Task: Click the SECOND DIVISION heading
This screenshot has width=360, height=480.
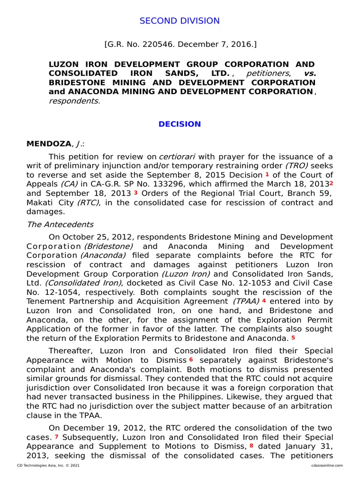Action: click(180, 21)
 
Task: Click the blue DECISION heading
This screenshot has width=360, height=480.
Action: click(180, 124)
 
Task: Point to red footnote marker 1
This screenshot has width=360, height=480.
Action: click(267, 174)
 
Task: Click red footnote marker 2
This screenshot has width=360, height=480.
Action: click(331, 183)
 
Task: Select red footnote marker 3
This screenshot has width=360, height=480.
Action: click(135, 192)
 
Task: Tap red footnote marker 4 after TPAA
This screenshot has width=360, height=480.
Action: click(264, 300)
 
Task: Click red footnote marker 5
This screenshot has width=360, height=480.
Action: click(293, 337)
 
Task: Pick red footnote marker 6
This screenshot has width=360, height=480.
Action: click(191, 360)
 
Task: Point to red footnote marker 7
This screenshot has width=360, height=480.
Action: click(56, 436)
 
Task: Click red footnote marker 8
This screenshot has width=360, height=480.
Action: click(251, 445)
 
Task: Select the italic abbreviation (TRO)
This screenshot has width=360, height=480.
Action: click(296, 165)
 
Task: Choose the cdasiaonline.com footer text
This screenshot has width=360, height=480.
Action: click(327, 465)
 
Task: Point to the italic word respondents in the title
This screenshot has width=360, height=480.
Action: click(74, 101)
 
